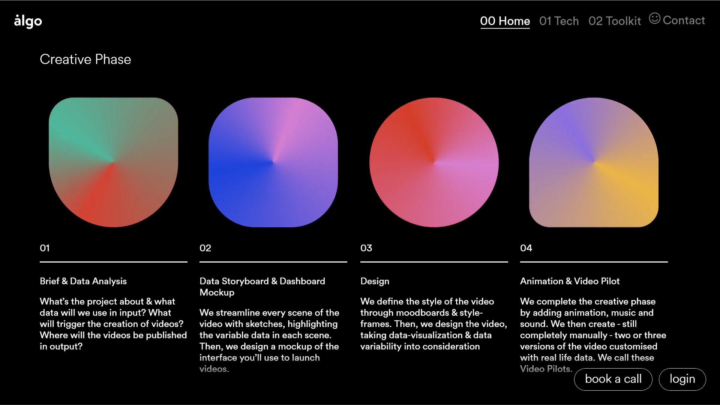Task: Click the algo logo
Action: click(x=28, y=21)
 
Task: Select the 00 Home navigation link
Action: click(x=505, y=21)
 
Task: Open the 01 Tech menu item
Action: click(x=559, y=21)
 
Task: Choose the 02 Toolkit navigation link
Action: click(x=615, y=21)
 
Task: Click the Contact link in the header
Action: click(x=684, y=20)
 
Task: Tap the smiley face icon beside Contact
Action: click(x=655, y=18)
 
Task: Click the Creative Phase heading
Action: click(x=85, y=59)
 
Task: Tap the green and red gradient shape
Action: click(x=114, y=162)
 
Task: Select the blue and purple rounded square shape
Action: click(x=273, y=162)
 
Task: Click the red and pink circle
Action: click(x=434, y=162)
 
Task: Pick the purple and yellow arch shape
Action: click(x=594, y=162)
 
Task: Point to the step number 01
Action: click(x=45, y=248)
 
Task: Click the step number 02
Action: click(x=205, y=248)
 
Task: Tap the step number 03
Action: click(x=366, y=248)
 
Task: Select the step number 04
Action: click(x=526, y=248)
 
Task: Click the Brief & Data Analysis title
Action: click(x=83, y=281)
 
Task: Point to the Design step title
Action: click(x=375, y=281)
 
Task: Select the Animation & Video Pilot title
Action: click(x=570, y=281)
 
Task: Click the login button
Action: click(x=682, y=379)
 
